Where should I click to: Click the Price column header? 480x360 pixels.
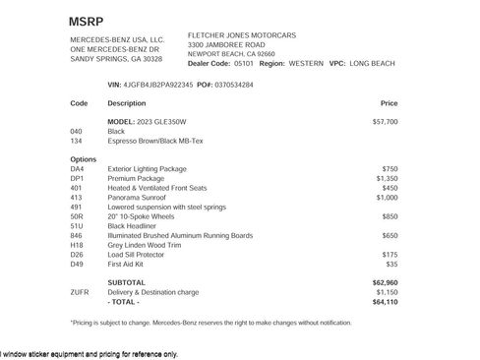(389, 102)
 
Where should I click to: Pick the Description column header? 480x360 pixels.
(126, 102)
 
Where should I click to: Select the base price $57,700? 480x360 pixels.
(386, 121)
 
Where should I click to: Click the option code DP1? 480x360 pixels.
(77, 178)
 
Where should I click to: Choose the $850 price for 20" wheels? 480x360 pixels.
(390, 216)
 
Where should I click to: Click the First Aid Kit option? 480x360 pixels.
(127, 264)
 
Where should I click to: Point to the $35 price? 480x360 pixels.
(391, 264)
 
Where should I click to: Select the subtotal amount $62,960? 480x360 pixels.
(386, 282)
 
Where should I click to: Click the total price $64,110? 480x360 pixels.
(386, 301)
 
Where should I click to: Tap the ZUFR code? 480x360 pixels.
(80, 292)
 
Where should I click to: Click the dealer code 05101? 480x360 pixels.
(244, 62)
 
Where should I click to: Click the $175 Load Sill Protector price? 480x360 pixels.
(390, 254)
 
